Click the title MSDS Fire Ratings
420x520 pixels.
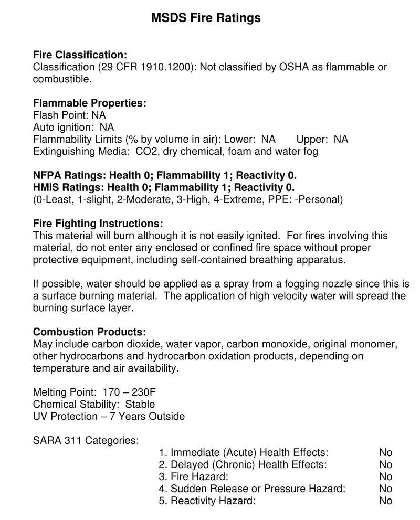[x=206, y=18]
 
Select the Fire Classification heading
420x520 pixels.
[x=80, y=55]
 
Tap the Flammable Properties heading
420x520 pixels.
[x=89, y=103]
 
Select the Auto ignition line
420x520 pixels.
[x=73, y=128]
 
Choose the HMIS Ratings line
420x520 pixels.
[x=163, y=187]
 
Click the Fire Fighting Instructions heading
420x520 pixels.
[x=98, y=224]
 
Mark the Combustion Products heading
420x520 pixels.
[x=89, y=332]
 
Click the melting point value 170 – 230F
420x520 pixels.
[x=123, y=392]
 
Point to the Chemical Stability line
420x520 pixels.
[x=93, y=404]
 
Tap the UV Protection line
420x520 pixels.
[x=109, y=417]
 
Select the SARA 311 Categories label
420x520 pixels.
[x=86, y=440]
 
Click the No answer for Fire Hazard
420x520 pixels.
[x=385, y=476]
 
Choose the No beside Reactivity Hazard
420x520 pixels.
[x=385, y=501]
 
